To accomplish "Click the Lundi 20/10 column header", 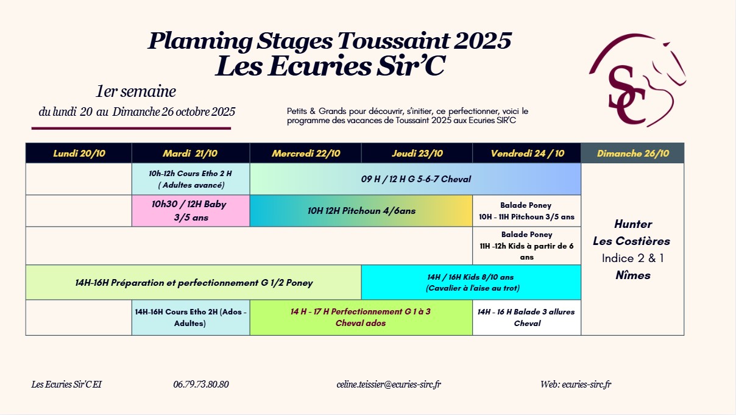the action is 79,153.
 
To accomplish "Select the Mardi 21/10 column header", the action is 191,153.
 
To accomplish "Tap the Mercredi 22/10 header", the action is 306,153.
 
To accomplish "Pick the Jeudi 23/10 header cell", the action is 417,153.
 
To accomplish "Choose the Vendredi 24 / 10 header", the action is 526,153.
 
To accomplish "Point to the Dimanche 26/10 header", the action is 632,153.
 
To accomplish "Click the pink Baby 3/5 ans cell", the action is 191,211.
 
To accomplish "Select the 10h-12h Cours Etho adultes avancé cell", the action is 191,179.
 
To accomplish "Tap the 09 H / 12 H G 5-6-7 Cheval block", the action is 416,179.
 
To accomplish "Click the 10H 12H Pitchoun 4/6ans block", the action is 361,211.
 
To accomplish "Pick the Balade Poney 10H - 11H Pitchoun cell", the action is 526,211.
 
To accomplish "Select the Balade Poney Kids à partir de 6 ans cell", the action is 526,246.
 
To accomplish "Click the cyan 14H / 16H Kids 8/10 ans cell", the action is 471,283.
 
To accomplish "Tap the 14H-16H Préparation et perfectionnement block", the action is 194,283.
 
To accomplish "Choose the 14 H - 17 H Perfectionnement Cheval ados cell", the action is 361,317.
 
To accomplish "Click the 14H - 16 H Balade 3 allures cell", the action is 526,317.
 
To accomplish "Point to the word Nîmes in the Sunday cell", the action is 633,275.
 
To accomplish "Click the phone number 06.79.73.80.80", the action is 201,384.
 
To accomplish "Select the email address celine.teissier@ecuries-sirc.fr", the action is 389,384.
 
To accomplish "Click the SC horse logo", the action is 637,80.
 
